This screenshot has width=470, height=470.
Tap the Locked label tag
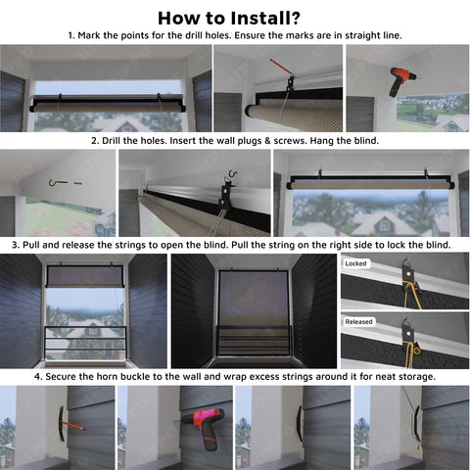tap(355, 263)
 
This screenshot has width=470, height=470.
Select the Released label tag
tap(358, 322)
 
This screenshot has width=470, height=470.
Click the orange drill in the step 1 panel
tap(401, 81)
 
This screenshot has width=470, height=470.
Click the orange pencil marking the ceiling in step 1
tap(280, 67)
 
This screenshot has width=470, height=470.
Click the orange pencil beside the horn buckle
tap(73, 425)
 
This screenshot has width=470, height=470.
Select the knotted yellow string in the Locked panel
tap(411, 296)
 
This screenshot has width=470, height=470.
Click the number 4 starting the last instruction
tap(38, 377)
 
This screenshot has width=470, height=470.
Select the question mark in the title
tap(295, 19)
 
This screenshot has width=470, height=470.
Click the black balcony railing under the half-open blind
tap(85, 343)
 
